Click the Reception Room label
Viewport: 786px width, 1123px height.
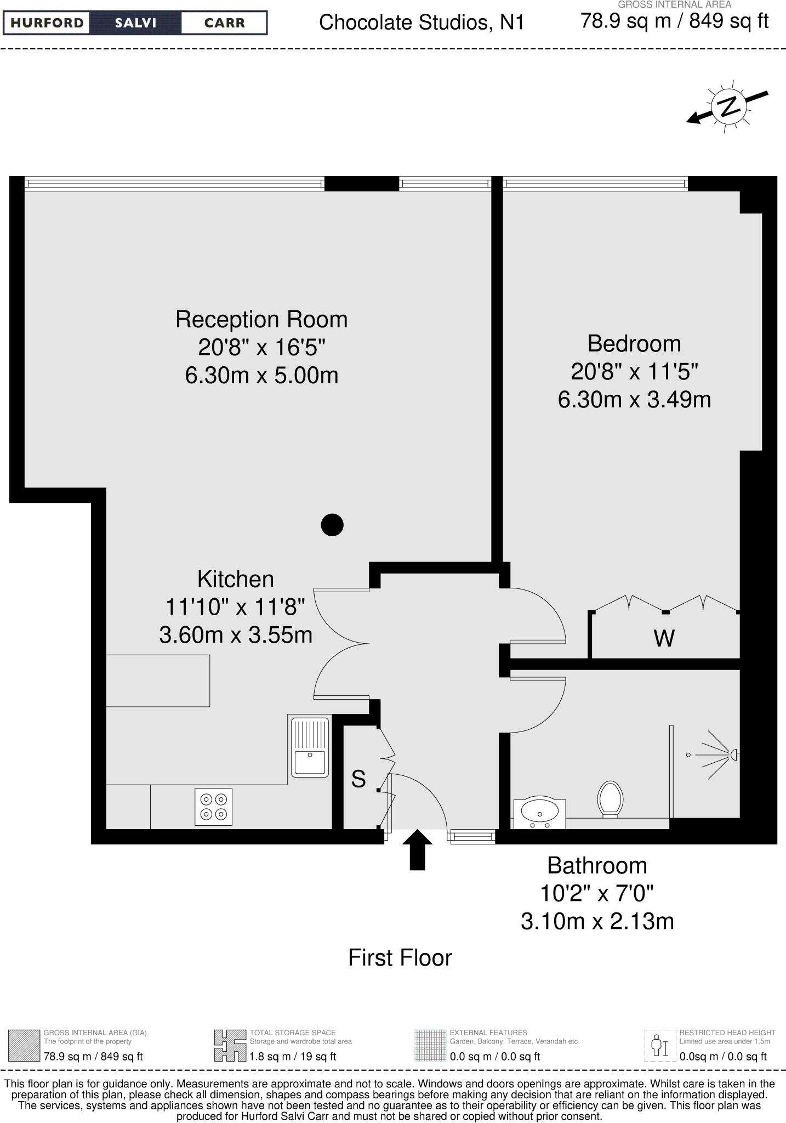point(261,320)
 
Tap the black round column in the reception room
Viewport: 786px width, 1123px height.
point(332,525)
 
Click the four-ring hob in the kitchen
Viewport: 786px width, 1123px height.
point(213,807)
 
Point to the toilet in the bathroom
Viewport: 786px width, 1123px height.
point(611,798)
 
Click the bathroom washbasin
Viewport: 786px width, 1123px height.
point(540,810)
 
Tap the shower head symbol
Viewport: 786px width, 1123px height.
point(733,755)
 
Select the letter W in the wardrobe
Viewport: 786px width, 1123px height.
point(664,638)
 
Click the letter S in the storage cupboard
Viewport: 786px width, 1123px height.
point(358,779)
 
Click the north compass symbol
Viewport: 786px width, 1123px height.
point(728,106)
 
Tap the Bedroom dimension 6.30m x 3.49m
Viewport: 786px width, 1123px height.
point(634,400)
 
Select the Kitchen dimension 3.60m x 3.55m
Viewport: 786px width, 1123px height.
point(236,635)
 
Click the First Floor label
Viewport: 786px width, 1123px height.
point(400,958)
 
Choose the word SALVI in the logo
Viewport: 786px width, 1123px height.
point(135,23)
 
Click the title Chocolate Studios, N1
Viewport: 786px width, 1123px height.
point(422,22)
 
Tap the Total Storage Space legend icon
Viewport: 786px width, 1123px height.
point(230,1046)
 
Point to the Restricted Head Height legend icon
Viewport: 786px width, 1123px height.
point(660,1046)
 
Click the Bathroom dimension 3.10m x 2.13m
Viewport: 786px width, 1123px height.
point(597,921)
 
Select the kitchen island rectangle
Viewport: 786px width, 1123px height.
point(158,680)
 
